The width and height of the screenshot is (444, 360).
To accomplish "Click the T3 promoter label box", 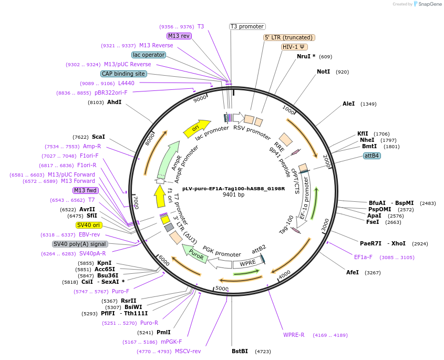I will point(247,26).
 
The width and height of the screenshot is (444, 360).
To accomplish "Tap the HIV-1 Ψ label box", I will point(294,47).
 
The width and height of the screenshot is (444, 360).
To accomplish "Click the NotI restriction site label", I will point(323,71).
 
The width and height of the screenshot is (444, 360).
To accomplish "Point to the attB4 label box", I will point(372,156).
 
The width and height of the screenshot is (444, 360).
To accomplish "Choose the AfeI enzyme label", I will point(352,272).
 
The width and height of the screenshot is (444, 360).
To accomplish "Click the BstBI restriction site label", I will point(240,351).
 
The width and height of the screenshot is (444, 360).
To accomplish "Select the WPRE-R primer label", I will point(294,335).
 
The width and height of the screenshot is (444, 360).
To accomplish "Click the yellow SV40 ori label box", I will point(89,225).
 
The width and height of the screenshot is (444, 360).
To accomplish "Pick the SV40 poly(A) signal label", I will point(80,244).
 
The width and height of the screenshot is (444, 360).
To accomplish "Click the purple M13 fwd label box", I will point(85,190).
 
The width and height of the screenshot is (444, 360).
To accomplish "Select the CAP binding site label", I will point(123,74).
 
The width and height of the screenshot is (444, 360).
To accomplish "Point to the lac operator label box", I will point(149,55).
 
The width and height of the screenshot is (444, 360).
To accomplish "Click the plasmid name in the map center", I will point(233,188).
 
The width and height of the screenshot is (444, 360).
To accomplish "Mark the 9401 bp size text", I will point(233,195).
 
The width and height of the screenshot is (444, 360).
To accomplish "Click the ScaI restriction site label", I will point(98,137).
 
